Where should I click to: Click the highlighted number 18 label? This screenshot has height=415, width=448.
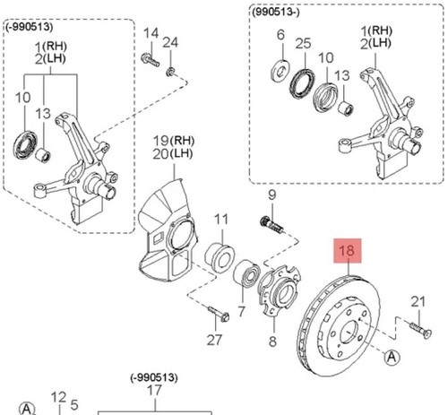pyautogui.click(x=348, y=250)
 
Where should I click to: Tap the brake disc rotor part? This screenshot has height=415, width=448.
pyautogui.click(x=339, y=325)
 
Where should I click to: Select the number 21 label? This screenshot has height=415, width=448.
pyautogui.click(x=418, y=302)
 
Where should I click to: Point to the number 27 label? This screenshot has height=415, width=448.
pyautogui.click(x=214, y=340)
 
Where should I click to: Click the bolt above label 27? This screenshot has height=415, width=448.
pyautogui.click(x=219, y=314)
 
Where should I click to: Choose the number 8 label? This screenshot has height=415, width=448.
pyautogui.click(x=272, y=341)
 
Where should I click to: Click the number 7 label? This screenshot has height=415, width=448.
pyautogui.click(x=241, y=311)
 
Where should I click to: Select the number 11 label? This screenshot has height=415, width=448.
pyautogui.click(x=221, y=220)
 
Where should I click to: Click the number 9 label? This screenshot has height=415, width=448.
pyautogui.click(x=271, y=195)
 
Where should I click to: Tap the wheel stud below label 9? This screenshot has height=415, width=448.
pyautogui.click(x=271, y=225)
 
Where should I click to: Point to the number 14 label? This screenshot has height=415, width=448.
pyautogui.click(x=151, y=33)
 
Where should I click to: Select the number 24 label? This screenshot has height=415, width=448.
pyautogui.click(x=170, y=43)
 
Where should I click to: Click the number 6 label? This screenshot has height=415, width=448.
pyautogui.click(x=280, y=35)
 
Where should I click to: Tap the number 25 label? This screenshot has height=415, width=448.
pyautogui.click(x=303, y=43)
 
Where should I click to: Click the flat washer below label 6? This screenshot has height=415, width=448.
pyautogui.click(x=280, y=71)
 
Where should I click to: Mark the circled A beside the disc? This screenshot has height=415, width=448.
pyautogui.click(x=392, y=357)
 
